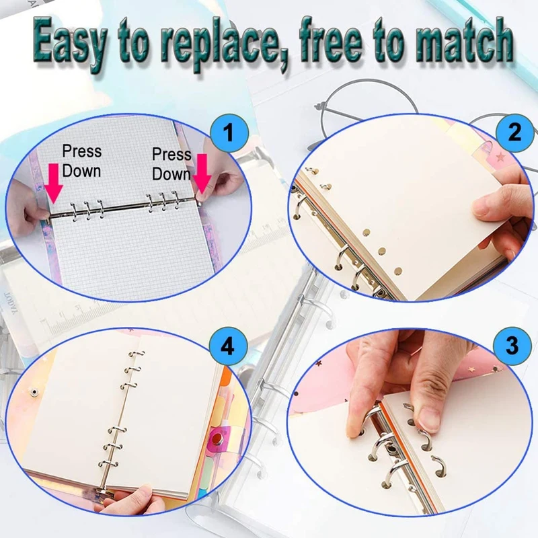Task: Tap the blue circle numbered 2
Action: coord(514,132)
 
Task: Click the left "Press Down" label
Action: coord(81,161)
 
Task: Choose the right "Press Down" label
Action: coord(171,164)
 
